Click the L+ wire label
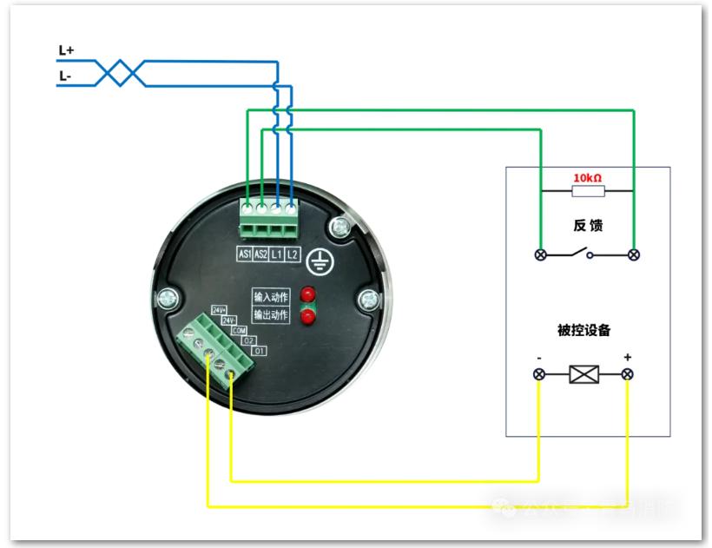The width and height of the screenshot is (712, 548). click(66, 51)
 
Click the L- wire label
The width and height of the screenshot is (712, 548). click(65, 76)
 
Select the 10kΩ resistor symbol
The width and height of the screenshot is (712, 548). click(587, 190)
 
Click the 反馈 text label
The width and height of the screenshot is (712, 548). click(588, 226)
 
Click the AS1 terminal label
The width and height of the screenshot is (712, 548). click(245, 254)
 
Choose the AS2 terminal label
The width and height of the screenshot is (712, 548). click(260, 254)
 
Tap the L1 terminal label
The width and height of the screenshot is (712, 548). click(276, 254)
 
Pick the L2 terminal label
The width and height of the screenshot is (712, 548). click(292, 254)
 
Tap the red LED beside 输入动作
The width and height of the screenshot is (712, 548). click(307, 294)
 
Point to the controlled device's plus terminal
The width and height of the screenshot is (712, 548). click(628, 374)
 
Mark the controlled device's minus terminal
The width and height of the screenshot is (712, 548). click(539, 374)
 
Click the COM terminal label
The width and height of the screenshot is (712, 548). click(241, 331)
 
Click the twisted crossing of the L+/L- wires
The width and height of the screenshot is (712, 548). click(120, 74)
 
